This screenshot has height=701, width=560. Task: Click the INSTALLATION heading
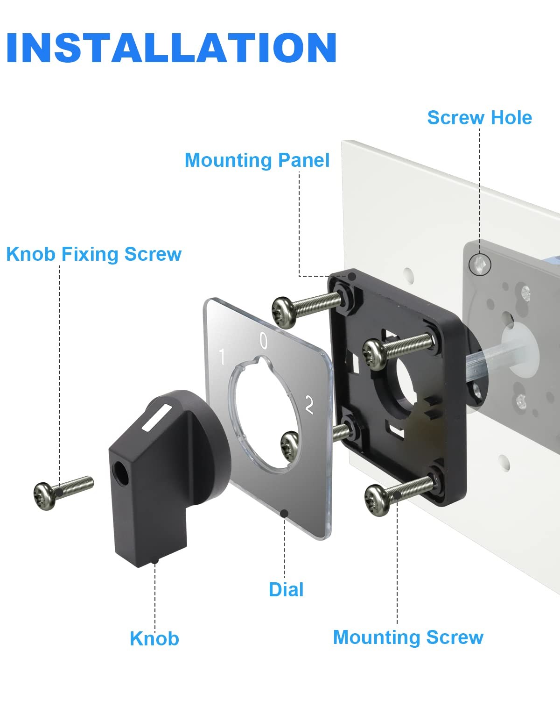pyautogui.click(x=171, y=48)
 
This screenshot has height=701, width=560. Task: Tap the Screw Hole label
pyautogui.click(x=480, y=118)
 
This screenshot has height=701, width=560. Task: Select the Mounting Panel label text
pyautogui.click(x=257, y=161)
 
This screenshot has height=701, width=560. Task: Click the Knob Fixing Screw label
pyautogui.click(x=94, y=254)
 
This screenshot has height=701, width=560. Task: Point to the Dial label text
pyautogui.click(x=286, y=590)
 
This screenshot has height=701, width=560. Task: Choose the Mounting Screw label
pyautogui.click(x=408, y=637)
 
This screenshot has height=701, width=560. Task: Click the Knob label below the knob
pyautogui.click(x=154, y=639)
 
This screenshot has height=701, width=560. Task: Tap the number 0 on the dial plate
pyautogui.click(x=264, y=341)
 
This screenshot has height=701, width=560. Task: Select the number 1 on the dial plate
pyautogui.click(x=222, y=357)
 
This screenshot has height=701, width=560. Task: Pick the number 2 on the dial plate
pyautogui.click(x=309, y=405)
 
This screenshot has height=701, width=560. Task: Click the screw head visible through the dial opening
pyautogui.click(x=289, y=446)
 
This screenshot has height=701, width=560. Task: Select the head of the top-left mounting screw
pyautogui.click(x=285, y=312)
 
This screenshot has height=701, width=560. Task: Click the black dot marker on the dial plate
pyautogui.click(x=284, y=514)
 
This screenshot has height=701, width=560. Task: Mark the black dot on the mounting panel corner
pyautogui.click(x=352, y=277)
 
